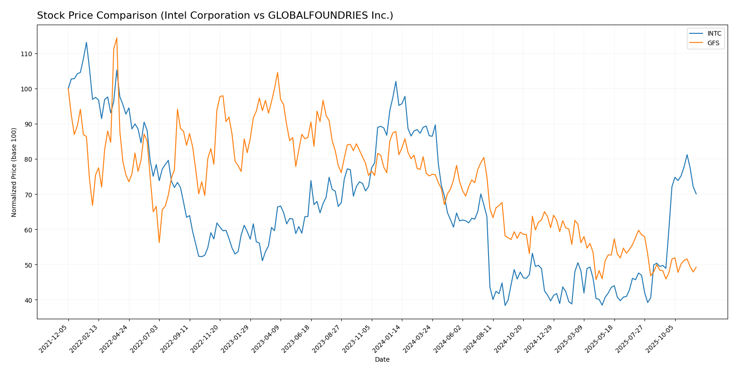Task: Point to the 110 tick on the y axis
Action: pyautogui.click(x=26, y=54)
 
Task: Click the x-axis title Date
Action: pyautogui.click(x=382, y=360)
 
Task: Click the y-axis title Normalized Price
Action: pyautogui.click(x=14, y=172)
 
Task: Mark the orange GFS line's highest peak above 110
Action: pyautogui.click(x=117, y=38)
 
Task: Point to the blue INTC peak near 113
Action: pyautogui.click(x=86, y=42)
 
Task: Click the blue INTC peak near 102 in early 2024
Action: pyautogui.click(x=396, y=81)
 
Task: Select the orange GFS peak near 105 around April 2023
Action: pyautogui.click(x=277, y=72)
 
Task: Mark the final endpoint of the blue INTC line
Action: pyautogui.click(x=696, y=194)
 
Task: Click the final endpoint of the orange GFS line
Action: pyautogui.click(x=696, y=267)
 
